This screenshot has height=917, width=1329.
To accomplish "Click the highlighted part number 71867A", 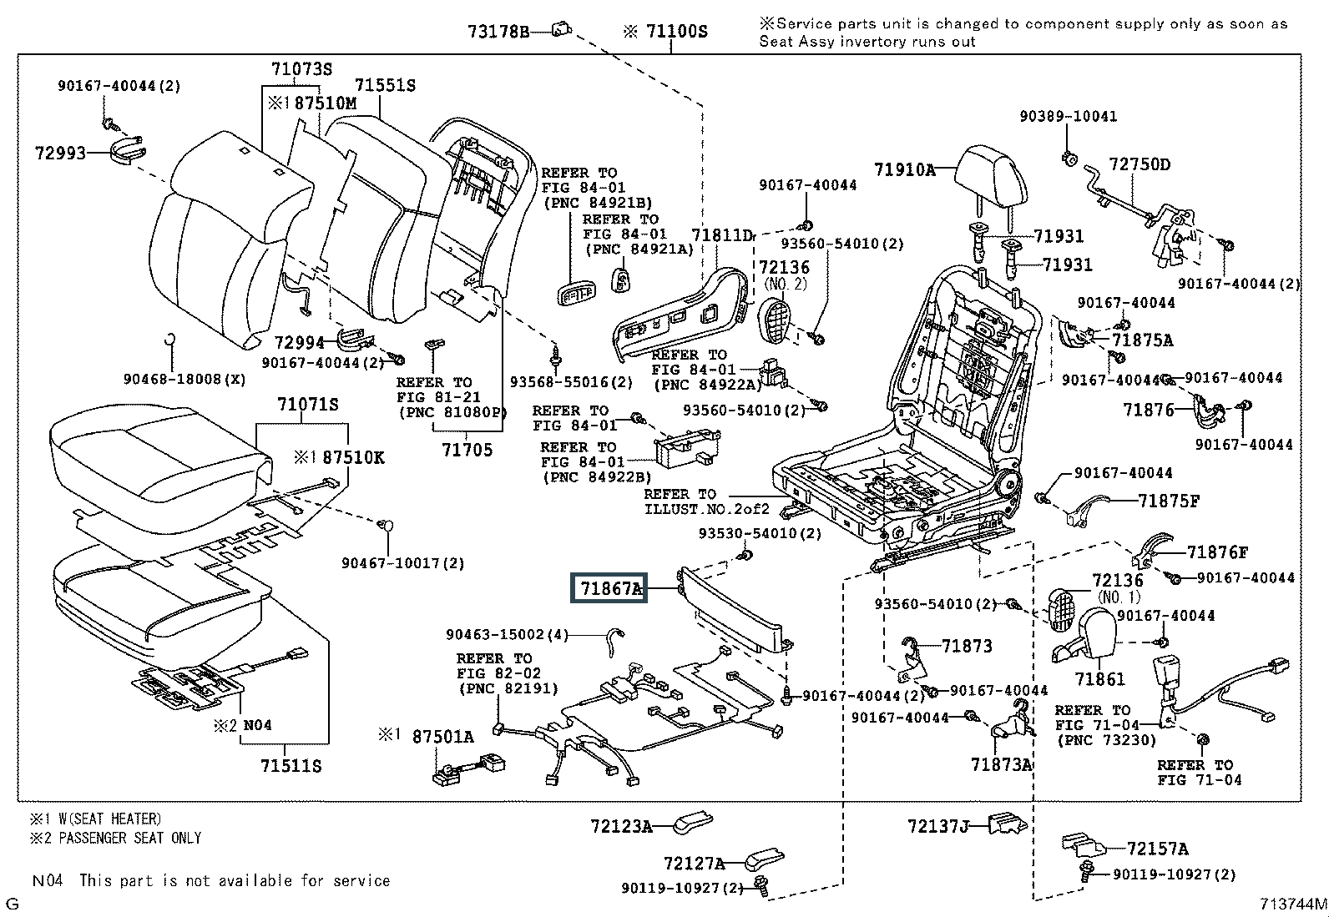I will click(x=612, y=588).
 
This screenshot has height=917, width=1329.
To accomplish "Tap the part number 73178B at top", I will click(x=498, y=33).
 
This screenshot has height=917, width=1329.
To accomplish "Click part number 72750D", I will click(x=1140, y=164).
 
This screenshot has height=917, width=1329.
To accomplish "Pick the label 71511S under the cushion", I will click(x=291, y=765).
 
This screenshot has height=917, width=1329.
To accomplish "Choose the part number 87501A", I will click(x=443, y=736).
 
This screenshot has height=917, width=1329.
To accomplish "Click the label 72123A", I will click(x=621, y=826).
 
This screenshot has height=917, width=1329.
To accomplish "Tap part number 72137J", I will click(x=938, y=826).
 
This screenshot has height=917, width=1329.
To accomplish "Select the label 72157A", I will click(x=1157, y=849).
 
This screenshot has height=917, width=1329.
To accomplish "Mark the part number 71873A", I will click(x=1002, y=764).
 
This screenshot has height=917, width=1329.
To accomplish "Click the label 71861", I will click(x=1099, y=679).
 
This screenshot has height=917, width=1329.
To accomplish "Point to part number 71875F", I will click(x=1169, y=501).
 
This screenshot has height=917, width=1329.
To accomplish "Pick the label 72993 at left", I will click(x=60, y=154).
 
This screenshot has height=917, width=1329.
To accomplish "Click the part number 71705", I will click(x=467, y=450).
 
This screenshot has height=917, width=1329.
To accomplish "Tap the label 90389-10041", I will click(x=1068, y=117).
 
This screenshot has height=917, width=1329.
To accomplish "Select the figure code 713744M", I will click(x=1293, y=904).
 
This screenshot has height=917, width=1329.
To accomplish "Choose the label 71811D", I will click(x=722, y=236).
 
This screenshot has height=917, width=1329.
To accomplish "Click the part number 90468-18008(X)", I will click(x=184, y=379).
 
